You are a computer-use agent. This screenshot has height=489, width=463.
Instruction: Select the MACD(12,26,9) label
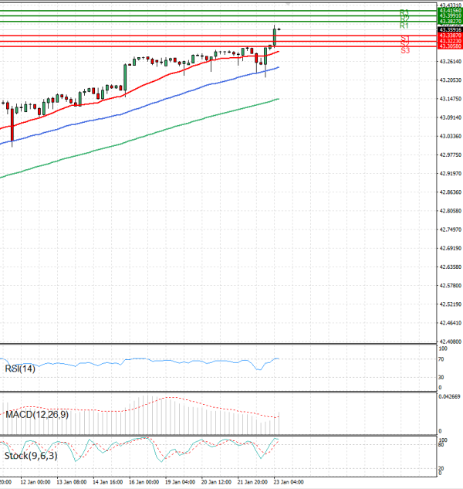pyautogui.click(x=36, y=415)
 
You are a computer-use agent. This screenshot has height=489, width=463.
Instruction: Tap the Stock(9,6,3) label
pyautogui.click(x=29, y=456)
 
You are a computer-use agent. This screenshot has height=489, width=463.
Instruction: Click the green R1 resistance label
pyautogui.click(x=404, y=25)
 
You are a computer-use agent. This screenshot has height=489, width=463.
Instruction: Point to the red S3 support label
pyautogui.click(x=405, y=50)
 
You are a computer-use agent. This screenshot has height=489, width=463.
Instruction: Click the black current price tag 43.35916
pyautogui.click(x=449, y=29)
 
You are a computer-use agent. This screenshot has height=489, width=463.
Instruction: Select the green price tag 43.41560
pyautogui.click(x=449, y=11)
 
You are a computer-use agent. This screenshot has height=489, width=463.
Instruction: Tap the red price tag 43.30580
pyautogui.click(x=449, y=46)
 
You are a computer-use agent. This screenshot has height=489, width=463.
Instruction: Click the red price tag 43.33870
pyautogui.click(x=449, y=36)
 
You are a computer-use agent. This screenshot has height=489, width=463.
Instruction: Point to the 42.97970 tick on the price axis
pyautogui.click(x=448, y=155)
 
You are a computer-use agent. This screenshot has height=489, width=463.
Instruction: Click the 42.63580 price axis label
pyautogui.click(x=448, y=267)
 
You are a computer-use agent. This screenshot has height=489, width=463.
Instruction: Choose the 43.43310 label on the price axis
pyautogui.click(x=448, y=5)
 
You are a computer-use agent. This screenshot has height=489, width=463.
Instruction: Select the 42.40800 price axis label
pyautogui.click(x=448, y=341)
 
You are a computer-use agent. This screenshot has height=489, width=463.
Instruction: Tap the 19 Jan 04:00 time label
pyautogui.click(x=180, y=481)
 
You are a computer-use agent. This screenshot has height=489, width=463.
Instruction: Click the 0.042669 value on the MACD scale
pyautogui.click(x=449, y=396)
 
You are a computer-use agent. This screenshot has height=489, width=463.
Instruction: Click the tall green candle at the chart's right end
pyautogui.click(x=274, y=36)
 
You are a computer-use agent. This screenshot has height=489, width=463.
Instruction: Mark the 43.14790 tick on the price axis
pyautogui.click(x=448, y=98)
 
